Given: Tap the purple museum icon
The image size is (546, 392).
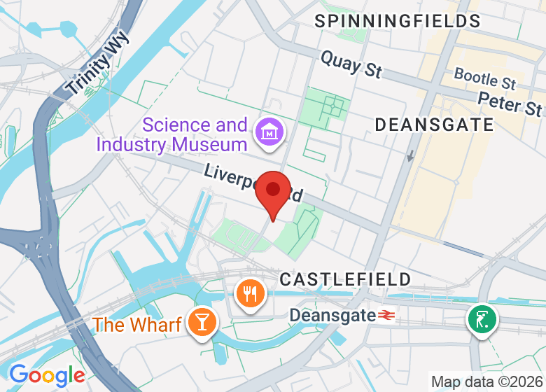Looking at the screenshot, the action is click(267, 131).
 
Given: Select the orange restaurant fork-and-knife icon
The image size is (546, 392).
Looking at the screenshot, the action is click(249, 294).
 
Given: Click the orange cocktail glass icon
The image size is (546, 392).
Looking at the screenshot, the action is click(204, 322).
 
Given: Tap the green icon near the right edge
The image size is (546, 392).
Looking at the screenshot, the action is click(482, 319).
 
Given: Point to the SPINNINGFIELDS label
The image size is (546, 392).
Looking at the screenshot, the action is click(398, 21).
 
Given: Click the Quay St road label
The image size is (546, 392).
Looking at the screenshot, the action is click(351, 64).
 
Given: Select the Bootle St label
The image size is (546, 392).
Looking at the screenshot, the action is click(485, 78).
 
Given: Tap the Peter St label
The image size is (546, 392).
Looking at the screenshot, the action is click(510, 104).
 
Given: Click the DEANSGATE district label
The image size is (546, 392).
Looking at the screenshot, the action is click(434, 125).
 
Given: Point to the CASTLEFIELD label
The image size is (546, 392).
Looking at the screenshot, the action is click(345, 279).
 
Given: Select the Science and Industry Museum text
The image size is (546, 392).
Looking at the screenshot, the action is click(172, 135).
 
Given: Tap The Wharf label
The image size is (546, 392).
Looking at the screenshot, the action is click(137, 325).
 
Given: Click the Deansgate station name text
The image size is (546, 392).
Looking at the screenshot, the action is click(332, 316).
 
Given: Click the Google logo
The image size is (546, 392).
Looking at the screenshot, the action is click(48, 375).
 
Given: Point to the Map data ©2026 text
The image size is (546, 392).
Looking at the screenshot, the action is click(487, 382).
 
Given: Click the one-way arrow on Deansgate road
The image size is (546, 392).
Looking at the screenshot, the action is click(410, 155).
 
